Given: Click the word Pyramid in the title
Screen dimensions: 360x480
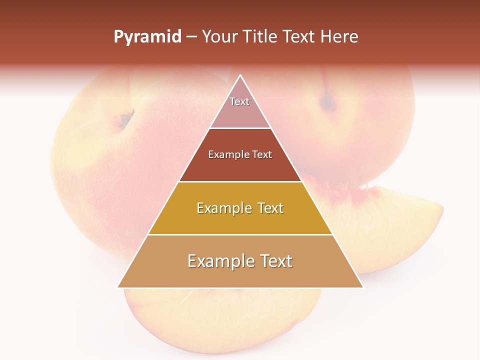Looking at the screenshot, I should (147, 37).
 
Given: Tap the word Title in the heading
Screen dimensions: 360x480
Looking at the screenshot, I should (261, 37).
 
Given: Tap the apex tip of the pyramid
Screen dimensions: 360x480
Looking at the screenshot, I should (240, 76).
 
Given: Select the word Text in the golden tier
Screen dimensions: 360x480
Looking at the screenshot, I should (267, 208).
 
